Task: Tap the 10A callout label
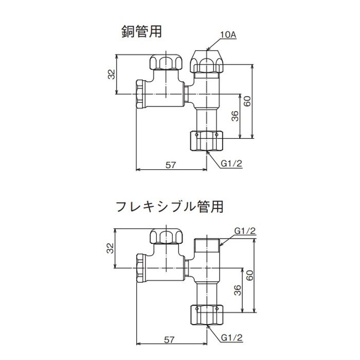point(228,35)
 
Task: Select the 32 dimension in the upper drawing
point(112,74)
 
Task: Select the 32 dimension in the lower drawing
point(111,248)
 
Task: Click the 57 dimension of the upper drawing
point(170,165)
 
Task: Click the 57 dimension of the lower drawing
point(169,339)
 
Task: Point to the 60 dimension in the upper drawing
point(247,101)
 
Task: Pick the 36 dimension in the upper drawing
point(235,116)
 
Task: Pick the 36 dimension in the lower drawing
point(238,290)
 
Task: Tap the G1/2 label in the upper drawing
point(231,164)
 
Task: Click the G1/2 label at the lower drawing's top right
point(245,231)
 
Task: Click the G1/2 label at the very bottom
point(231,338)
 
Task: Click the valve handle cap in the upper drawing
point(166,62)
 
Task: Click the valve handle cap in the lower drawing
point(166,236)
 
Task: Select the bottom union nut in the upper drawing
point(207,140)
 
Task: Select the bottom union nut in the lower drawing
point(207,315)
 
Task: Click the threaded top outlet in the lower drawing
point(207,245)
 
